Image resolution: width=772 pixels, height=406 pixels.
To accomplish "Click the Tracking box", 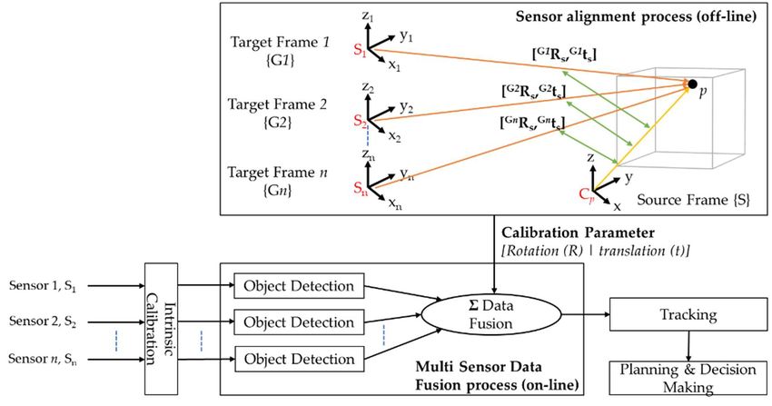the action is click(688, 314).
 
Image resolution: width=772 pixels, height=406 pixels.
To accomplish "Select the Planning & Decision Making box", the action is click(688, 378).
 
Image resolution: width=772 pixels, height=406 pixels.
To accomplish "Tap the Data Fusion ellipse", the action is click(490, 314).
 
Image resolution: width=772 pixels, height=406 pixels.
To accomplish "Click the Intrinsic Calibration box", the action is click(161, 328).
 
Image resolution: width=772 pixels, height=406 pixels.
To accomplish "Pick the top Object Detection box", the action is click(299, 286).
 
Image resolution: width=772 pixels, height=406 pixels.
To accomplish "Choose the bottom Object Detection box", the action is click(299, 359).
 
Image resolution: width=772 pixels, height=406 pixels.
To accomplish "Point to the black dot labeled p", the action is click(692, 84).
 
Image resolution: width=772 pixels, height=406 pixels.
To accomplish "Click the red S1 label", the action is click(360, 50).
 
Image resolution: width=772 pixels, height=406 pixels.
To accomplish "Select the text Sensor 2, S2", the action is click(43, 322).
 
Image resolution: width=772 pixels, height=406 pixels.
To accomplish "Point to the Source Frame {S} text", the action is click(693, 200).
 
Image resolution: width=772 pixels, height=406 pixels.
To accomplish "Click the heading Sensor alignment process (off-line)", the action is click(636, 16).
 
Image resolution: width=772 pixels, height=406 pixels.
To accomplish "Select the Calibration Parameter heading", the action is click(578, 233).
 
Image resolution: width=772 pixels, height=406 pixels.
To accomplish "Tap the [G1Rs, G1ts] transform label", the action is click(564, 54).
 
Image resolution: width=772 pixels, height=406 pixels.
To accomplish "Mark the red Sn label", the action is click(361, 188).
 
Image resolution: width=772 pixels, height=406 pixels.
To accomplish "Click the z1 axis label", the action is click(368, 15).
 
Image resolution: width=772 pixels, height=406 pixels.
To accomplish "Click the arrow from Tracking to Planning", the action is click(688, 346).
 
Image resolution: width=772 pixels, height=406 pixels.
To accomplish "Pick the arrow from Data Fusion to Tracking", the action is click(586, 314).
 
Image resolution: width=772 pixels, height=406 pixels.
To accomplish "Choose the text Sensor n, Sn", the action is click(43, 359).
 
